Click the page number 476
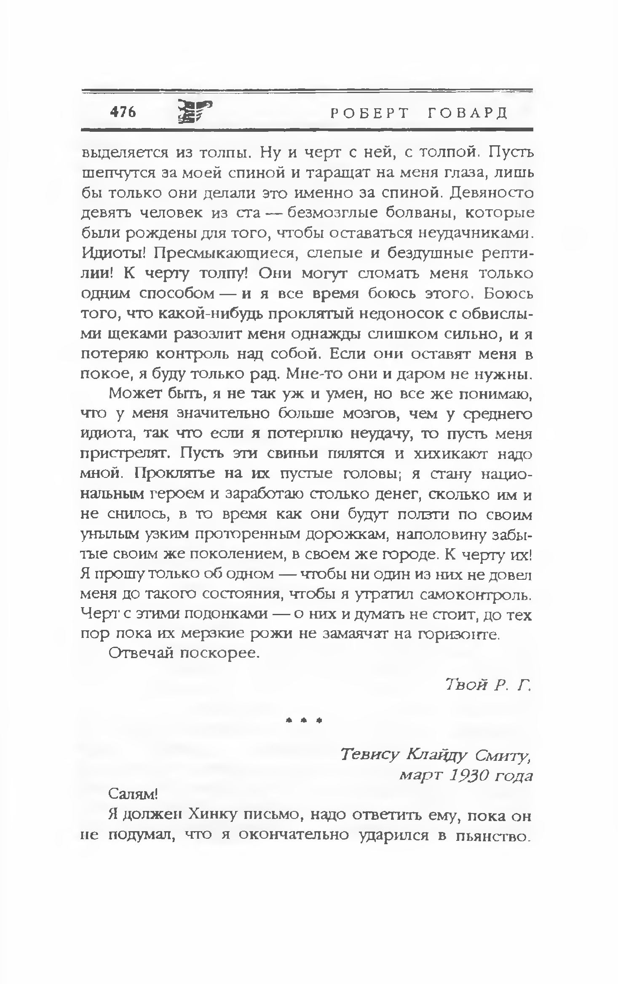[x=123, y=112]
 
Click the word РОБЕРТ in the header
[x=369, y=113]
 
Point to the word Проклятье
[x=177, y=474]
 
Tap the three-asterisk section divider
[x=303, y=720]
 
